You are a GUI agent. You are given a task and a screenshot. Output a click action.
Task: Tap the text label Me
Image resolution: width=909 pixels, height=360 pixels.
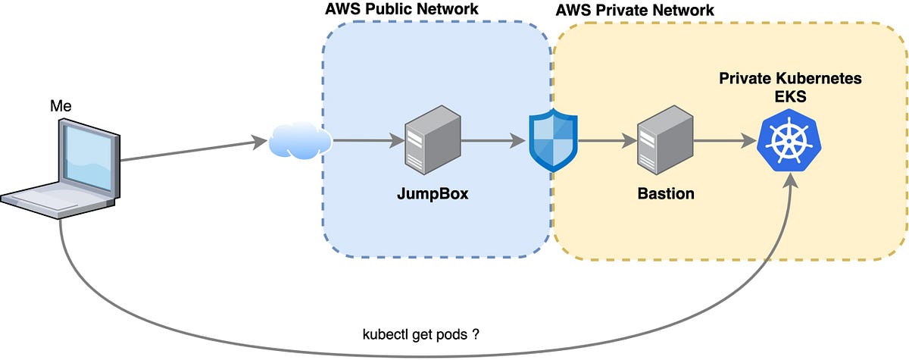[61, 106]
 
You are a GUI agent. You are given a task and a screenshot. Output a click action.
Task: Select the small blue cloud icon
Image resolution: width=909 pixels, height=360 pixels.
[300, 141]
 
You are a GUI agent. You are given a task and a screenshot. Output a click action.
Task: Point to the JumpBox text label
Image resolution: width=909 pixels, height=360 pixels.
[433, 193]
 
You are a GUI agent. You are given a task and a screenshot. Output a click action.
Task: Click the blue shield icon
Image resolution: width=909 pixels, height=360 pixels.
[553, 141]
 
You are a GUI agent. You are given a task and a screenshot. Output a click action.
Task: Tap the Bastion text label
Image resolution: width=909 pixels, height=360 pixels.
[665, 193]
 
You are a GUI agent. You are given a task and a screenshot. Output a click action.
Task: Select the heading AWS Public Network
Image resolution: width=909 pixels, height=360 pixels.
[401, 11]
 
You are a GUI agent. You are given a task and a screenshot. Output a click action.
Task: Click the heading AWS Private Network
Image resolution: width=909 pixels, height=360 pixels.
[635, 11]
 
